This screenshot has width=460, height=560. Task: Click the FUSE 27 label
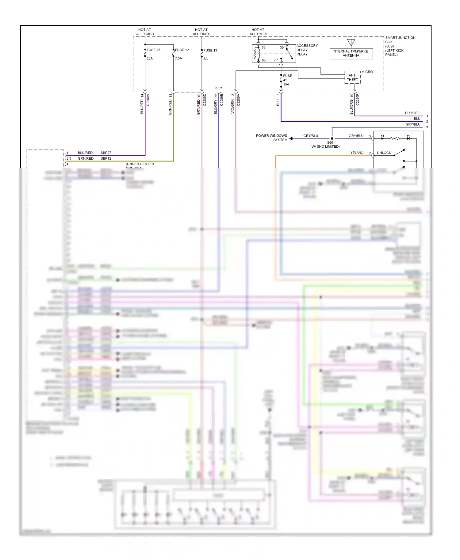(153, 50)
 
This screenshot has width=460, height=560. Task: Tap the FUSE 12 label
(182, 50)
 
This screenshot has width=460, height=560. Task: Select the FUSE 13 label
(210, 51)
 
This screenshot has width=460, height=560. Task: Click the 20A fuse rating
(150, 59)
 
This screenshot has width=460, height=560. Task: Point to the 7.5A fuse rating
(178, 59)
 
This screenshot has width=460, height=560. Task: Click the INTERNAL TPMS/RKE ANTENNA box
(351, 54)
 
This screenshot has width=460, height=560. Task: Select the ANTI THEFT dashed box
(352, 78)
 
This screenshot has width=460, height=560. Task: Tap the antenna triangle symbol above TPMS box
(351, 42)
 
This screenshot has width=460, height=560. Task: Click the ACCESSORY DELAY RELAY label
(307, 50)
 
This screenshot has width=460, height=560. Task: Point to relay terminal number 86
(263, 47)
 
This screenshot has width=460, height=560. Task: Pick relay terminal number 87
(276, 60)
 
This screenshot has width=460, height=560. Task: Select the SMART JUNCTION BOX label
(400, 46)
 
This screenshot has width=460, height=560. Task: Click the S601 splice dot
(332, 138)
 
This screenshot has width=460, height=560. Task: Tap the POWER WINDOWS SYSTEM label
(272, 138)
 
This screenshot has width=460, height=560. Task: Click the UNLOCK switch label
(384, 153)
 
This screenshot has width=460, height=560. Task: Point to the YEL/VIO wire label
(357, 153)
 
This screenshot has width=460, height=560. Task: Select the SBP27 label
(106, 153)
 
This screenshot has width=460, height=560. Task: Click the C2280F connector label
(358, 100)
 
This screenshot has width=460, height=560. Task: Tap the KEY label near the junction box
(219, 88)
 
